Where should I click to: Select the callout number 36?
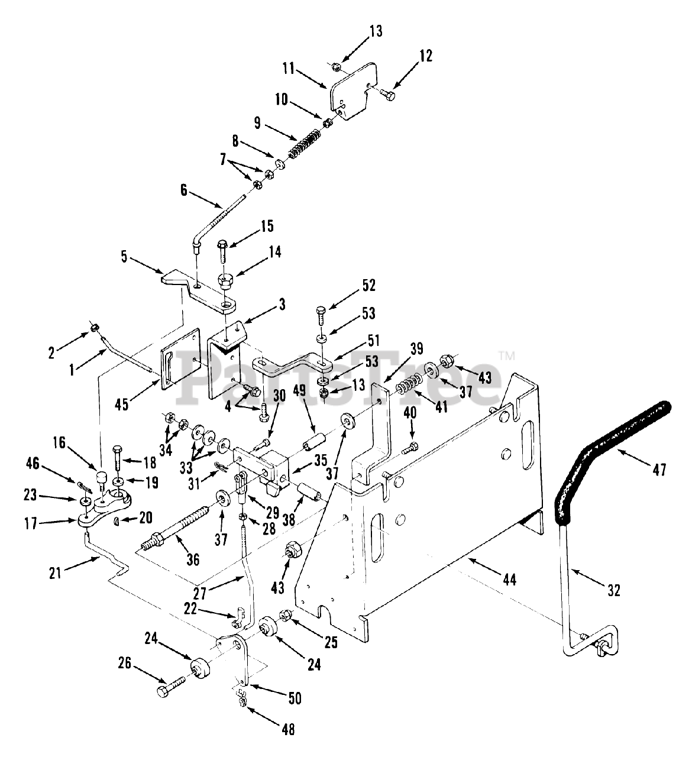click(193, 559)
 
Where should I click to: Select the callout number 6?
click(183, 190)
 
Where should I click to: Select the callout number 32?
click(614, 590)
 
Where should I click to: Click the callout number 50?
click(293, 698)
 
